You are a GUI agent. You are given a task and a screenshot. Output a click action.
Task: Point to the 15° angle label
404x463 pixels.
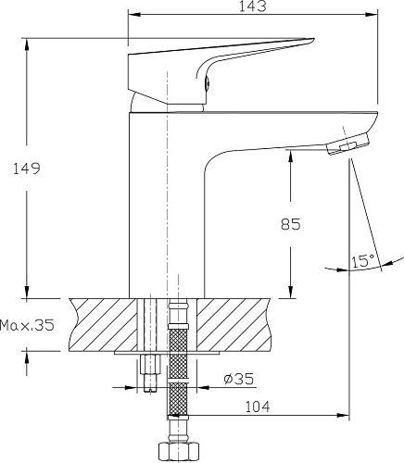[362, 262]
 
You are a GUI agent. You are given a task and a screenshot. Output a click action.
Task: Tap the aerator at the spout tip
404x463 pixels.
[349, 145]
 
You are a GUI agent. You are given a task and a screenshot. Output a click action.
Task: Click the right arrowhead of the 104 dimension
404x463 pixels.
[347, 414]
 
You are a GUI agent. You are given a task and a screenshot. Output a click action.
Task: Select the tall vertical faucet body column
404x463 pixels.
[165, 204]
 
